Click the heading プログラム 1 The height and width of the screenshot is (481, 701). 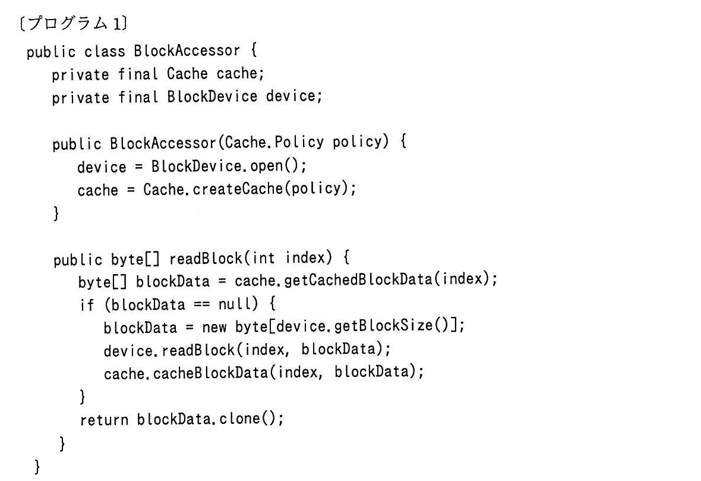click(x=74, y=23)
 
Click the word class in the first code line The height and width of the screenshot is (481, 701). click(x=105, y=51)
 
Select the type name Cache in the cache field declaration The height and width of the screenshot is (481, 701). click(x=187, y=73)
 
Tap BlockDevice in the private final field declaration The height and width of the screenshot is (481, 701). click(x=212, y=96)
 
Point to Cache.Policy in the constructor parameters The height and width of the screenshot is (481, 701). click(x=274, y=142)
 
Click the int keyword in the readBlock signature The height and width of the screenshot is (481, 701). click(x=263, y=258)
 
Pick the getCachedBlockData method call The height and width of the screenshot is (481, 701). click(x=358, y=279)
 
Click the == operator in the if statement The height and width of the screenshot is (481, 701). click(x=201, y=304)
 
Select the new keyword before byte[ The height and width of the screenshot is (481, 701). click(x=214, y=327)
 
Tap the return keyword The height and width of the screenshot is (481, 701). click(x=104, y=420)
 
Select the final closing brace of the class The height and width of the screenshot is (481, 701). click(x=37, y=467)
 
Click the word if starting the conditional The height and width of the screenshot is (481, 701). click(x=87, y=304)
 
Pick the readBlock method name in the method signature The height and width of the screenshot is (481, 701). click(x=205, y=258)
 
